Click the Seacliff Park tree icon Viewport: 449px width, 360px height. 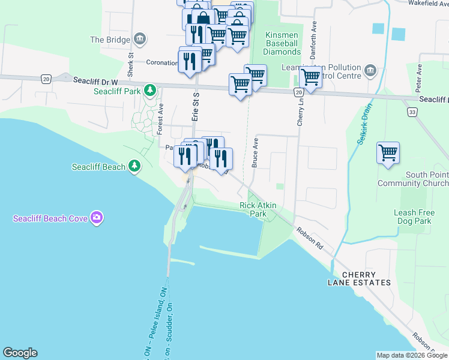pyautogui.click(x=149, y=91)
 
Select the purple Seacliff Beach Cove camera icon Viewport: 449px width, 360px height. pyautogui.click(x=96, y=217)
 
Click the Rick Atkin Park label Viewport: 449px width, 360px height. pyautogui.click(x=258, y=209)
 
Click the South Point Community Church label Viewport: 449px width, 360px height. pyautogui.click(x=413, y=179)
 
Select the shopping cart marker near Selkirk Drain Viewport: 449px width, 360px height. pyautogui.click(x=388, y=153)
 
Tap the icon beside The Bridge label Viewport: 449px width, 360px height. pyautogui.click(x=140, y=40)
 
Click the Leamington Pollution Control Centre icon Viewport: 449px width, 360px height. pyautogui.click(x=370, y=71)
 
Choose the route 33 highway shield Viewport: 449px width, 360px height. pyautogui.click(x=411, y=112)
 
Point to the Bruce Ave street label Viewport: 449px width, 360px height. pyautogui.click(x=255, y=154)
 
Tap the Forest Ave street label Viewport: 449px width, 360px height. pyautogui.click(x=160, y=121)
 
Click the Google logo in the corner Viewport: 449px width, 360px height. pyautogui.click(x=20, y=353)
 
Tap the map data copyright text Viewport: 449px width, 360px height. pyautogui.click(x=412, y=355)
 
